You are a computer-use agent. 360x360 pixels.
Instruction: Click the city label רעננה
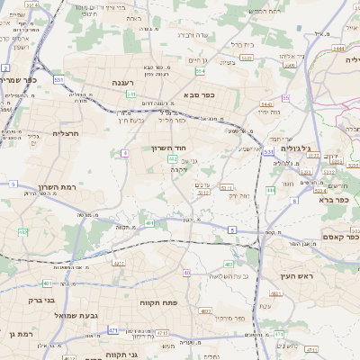[124, 82]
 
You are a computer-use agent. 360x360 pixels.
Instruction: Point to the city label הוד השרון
[168, 146]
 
